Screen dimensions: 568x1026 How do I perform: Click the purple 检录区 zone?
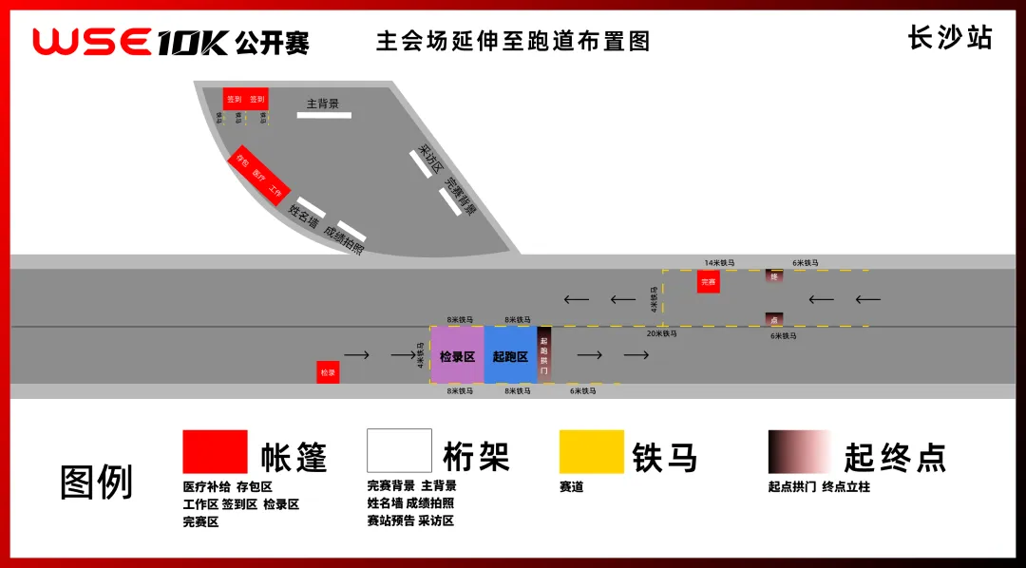457,355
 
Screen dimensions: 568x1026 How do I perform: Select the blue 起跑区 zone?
510,355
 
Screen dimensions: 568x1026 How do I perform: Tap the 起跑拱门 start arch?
544,354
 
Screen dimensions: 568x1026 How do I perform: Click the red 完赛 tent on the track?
708,281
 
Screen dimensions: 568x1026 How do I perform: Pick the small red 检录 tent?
328,372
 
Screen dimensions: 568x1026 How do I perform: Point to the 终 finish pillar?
774,276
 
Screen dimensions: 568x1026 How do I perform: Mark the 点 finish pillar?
774,319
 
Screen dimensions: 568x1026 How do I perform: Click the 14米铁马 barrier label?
720,262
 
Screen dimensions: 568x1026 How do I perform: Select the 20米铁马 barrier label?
662,334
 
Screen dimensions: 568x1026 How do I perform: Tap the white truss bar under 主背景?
324,116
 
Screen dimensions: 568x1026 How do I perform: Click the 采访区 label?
432,159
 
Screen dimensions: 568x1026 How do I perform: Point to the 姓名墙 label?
303,217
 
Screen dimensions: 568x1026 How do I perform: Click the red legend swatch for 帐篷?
215,452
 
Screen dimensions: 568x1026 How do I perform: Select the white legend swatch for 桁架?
399,451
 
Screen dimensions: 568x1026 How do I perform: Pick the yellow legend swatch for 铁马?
591,452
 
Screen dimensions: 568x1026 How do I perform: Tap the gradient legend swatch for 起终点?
800,452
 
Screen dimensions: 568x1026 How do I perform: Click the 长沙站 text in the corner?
950,38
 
